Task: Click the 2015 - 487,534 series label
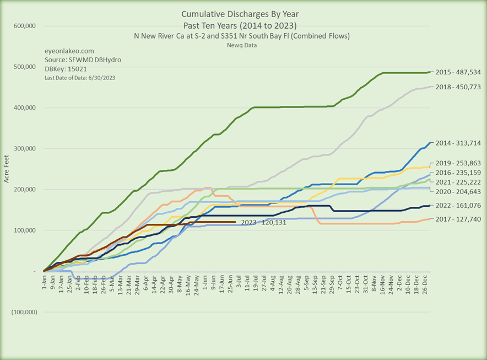click(x=459, y=72)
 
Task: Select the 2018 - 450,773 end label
click(x=459, y=87)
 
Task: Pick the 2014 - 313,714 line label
click(x=459, y=143)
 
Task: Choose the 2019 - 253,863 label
click(x=459, y=164)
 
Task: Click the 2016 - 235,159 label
click(x=459, y=173)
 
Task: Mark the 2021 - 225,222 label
click(x=459, y=182)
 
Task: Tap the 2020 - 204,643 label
click(x=459, y=191)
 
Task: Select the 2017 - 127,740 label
click(x=459, y=219)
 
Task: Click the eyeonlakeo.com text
click(x=66, y=50)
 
